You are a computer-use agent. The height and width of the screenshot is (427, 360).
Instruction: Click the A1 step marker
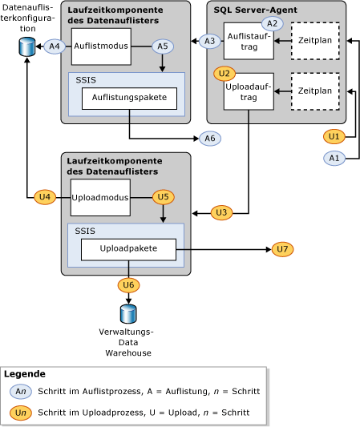[x=334, y=159]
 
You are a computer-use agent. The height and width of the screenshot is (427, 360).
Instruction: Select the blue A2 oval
[x=273, y=23]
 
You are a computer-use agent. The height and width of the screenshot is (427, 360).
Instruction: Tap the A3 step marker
[x=210, y=41]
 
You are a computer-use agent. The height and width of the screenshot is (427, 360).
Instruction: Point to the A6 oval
[x=210, y=139]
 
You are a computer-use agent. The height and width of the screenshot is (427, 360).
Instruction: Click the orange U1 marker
[x=334, y=136]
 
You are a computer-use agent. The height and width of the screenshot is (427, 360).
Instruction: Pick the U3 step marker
[x=222, y=212]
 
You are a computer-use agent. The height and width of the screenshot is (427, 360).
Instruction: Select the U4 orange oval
[x=46, y=196]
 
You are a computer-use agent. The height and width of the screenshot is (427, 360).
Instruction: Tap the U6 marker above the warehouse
[x=128, y=284]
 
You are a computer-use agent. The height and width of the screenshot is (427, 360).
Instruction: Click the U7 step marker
[x=282, y=250]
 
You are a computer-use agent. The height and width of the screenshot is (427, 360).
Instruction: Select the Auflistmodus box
[x=100, y=46]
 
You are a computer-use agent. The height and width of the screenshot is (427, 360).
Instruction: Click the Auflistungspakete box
[x=129, y=99]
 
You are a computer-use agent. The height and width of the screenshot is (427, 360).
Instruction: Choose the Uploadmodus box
[x=100, y=197]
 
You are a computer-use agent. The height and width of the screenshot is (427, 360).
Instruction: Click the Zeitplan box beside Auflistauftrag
[x=314, y=41]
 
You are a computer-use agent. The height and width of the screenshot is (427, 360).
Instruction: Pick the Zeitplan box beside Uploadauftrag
[x=314, y=91]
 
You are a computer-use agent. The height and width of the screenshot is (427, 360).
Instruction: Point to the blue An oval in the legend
[x=22, y=391]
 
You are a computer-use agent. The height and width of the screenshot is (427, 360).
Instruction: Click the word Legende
[x=25, y=374]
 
